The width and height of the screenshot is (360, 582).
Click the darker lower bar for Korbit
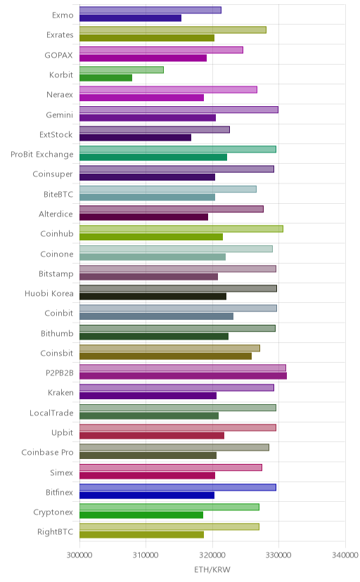[105, 78]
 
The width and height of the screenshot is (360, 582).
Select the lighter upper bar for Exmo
[150, 11]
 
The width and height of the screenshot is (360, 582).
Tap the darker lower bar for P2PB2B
[183, 376]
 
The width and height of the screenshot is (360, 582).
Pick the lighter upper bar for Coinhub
[181, 229]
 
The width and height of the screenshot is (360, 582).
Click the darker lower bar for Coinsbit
[165, 356]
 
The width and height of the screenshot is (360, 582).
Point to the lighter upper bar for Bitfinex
[178, 487]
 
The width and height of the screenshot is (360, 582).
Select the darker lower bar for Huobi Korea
[153, 297]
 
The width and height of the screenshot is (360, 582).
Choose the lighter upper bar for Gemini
[179, 110]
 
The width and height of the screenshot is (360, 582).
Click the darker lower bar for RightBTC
[141, 535]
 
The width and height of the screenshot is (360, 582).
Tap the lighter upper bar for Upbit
[178, 427]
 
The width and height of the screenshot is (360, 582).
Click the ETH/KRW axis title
[212, 570]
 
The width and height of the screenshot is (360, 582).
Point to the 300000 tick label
[79, 555]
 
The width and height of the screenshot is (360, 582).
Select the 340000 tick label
[345, 555]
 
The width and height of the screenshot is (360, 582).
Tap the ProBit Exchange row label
[42, 155]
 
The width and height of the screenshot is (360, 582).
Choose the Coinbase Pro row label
[48, 453]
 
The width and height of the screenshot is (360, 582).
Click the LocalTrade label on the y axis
[51, 413]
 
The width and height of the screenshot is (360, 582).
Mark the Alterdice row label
[56, 214]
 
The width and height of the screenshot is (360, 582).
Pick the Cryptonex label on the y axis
[53, 512]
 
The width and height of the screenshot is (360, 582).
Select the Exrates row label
[60, 35]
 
